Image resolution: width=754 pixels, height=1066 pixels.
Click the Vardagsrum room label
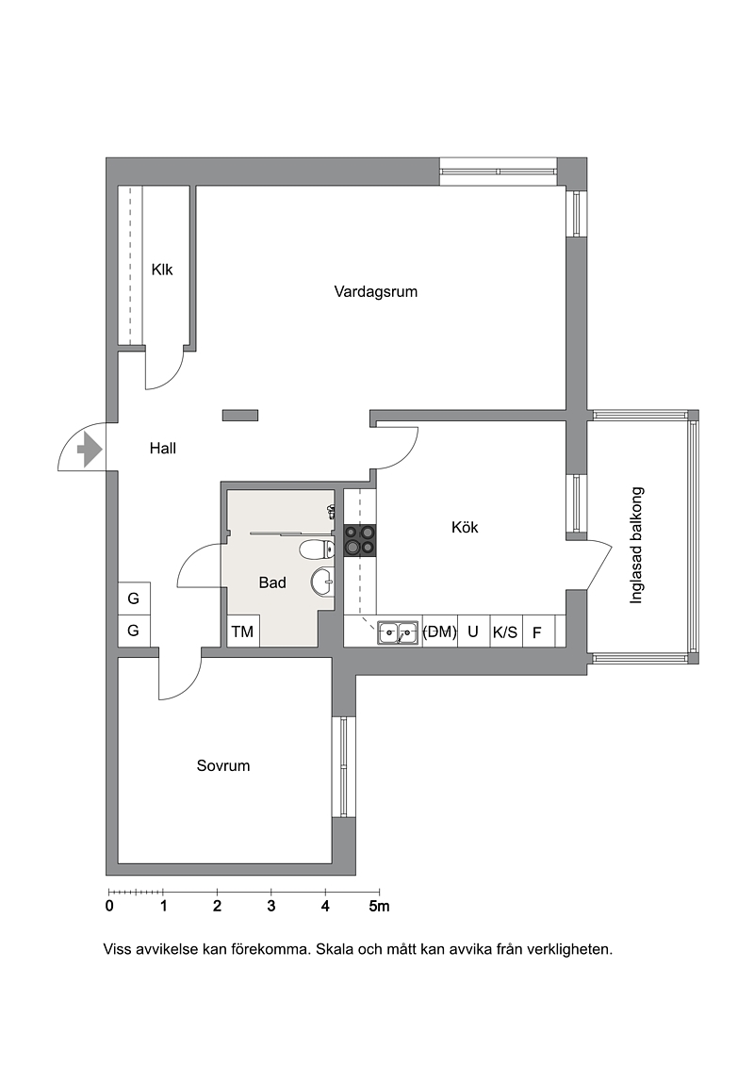(x=375, y=291)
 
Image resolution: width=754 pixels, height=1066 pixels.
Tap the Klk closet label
(x=162, y=270)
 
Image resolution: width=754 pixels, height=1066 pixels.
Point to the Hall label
(x=162, y=448)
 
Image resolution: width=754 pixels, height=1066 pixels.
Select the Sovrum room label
(x=223, y=765)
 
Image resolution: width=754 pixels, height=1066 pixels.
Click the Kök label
(x=465, y=527)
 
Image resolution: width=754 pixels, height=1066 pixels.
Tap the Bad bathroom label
(x=272, y=582)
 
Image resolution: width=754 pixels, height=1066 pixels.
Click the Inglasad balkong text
(x=636, y=545)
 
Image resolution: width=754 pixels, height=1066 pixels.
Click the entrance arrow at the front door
(x=90, y=449)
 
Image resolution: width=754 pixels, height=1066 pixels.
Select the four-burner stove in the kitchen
(x=360, y=540)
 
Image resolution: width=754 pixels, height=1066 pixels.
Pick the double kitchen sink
(x=398, y=633)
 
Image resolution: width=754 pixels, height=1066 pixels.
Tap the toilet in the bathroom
(x=316, y=549)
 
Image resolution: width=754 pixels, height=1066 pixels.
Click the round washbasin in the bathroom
(x=322, y=581)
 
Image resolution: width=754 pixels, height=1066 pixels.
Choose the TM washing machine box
(x=242, y=631)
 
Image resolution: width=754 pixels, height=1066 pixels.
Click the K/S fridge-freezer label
(x=505, y=633)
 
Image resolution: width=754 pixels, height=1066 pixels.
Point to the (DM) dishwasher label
(x=439, y=631)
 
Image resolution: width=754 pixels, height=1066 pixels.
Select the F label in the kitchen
(x=537, y=633)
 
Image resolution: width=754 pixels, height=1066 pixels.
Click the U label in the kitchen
(x=472, y=631)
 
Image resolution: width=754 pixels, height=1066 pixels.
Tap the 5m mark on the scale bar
(x=380, y=906)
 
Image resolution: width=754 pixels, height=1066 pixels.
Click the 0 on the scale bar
(x=109, y=906)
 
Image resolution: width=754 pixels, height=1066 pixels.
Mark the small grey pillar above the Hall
(x=240, y=415)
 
